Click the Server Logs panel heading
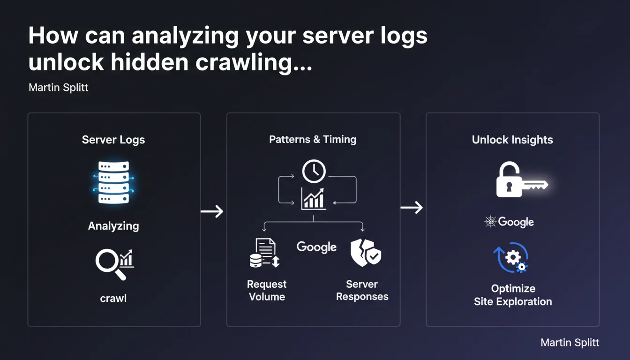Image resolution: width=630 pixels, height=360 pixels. tap(113, 140)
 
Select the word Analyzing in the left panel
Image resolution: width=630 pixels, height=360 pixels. tap(113, 226)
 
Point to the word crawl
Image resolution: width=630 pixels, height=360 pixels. tap(113, 298)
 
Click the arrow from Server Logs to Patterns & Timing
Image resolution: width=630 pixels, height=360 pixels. tap(212, 212)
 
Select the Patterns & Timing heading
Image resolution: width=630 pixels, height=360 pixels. tap(313, 139)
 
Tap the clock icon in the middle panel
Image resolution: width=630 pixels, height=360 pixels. tap(314, 172)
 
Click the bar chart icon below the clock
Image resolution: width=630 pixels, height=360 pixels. tap(313, 198)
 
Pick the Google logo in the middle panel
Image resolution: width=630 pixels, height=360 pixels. tap(316, 247)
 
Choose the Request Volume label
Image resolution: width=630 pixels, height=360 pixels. tap(267, 290)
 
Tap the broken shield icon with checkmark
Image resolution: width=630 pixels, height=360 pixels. tap(366, 253)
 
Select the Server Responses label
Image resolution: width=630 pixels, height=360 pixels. tap(362, 290)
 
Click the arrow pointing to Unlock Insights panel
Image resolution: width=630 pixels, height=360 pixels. tap(412, 207)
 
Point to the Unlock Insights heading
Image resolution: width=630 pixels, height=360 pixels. tap(512, 140)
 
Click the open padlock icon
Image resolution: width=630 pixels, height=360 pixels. tap(509, 180)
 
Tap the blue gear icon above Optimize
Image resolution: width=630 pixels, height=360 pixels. tap(511, 257)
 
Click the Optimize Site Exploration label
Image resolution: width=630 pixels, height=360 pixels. tap(513, 295)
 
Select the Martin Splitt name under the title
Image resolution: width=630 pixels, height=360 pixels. tap(59, 88)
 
